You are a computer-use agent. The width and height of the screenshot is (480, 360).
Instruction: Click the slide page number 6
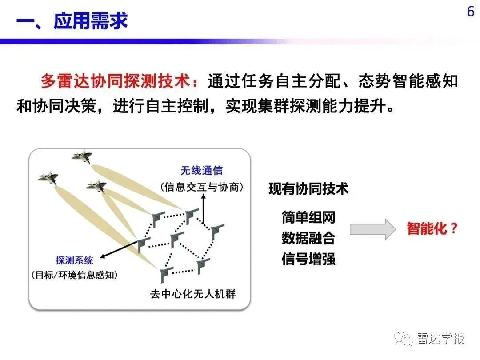pyautogui.click(x=471, y=12)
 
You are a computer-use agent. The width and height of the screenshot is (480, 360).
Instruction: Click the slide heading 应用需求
pyautogui.click(x=90, y=21)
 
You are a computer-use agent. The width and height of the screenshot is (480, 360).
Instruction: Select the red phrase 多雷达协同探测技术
pyautogui.click(x=116, y=81)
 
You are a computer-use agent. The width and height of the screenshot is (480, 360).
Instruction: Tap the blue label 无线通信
pyautogui.click(x=201, y=171)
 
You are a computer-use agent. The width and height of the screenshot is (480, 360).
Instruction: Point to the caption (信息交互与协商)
pyautogui.click(x=202, y=187)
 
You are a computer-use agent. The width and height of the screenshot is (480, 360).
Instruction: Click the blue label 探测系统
pyautogui.click(x=74, y=260)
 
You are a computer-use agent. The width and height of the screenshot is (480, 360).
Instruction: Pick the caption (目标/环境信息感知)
pyautogui.click(x=74, y=275)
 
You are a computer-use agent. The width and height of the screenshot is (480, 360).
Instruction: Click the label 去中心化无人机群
pyautogui.click(x=193, y=294)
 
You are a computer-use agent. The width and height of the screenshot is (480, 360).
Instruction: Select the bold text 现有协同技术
pyautogui.click(x=308, y=188)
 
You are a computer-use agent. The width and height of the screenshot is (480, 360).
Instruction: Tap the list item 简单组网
pyautogui.click(x=308, y=217)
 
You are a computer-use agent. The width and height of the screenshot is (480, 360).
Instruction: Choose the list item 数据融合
pyautogui.click(x=308, y=238)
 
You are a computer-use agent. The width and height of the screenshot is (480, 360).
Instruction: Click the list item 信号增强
pyautogui.click(x=308, y=259)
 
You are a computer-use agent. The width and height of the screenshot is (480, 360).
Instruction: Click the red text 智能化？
pyautogui.click(x=432, y=228)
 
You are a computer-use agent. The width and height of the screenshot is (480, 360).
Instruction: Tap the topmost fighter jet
pyautogui.click(x=82, y=156)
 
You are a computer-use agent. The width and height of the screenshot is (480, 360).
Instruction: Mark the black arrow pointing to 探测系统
pyautogui.click(x=120, y=249)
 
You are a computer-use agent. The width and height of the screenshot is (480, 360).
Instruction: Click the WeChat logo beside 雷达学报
pyautogui.click(x=404, y=338)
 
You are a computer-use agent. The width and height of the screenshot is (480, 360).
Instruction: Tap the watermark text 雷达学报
pyautogui.click(x=440, y=338)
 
